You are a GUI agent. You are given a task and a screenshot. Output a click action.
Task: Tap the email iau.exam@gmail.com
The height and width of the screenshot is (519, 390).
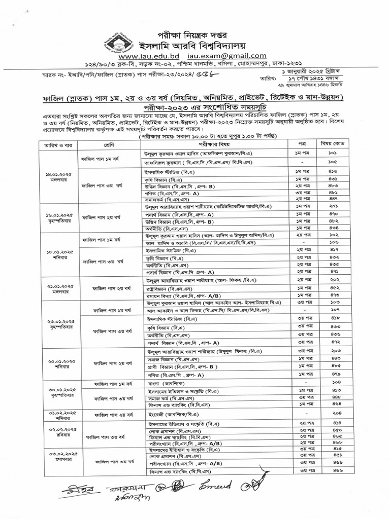click(x=227, y=56)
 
